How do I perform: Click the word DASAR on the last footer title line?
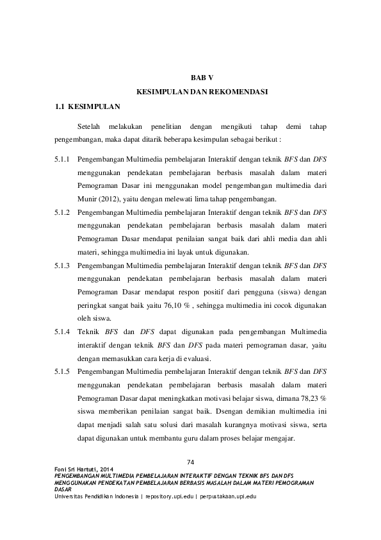pyautogui.click(x=63, y=490)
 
